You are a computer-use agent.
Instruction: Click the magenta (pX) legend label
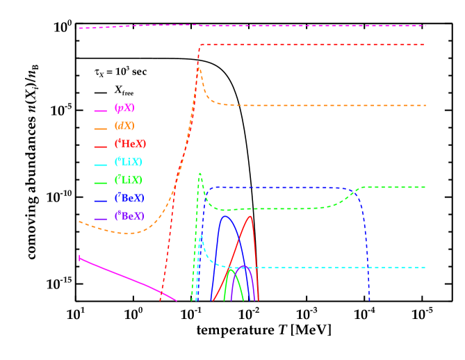(124, 108)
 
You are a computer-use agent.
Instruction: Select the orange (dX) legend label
(124, 126)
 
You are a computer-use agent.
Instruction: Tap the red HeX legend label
(130, 144)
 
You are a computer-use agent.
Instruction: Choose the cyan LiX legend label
(129, 162)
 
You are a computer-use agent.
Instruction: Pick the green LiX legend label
(129, 180)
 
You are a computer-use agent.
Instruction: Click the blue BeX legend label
(130, 197)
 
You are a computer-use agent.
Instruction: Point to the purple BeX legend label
(130, 215)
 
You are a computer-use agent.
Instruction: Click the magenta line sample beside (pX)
(101, 111)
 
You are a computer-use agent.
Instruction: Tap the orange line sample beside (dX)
(101, 129)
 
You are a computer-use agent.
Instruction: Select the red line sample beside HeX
(101, 146)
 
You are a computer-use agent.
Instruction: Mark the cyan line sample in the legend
(101, 164)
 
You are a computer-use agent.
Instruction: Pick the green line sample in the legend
(101, 182)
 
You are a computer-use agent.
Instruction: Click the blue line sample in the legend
(101, 199)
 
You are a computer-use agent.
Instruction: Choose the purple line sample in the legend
(101, 218)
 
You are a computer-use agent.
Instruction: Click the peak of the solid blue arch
(225, 216)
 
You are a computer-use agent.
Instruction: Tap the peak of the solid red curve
(250, 216)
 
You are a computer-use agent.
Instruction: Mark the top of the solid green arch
(230, 270)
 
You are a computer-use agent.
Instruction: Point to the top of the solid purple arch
(243, 265)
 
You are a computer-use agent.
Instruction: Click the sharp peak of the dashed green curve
(200, 173)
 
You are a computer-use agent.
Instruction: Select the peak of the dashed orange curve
(199, 68)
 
